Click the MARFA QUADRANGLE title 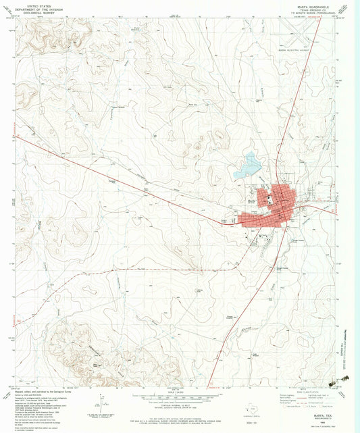tap(313, 3)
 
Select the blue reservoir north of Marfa tap(252, 162)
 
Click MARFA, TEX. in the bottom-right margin tap(315, 416)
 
